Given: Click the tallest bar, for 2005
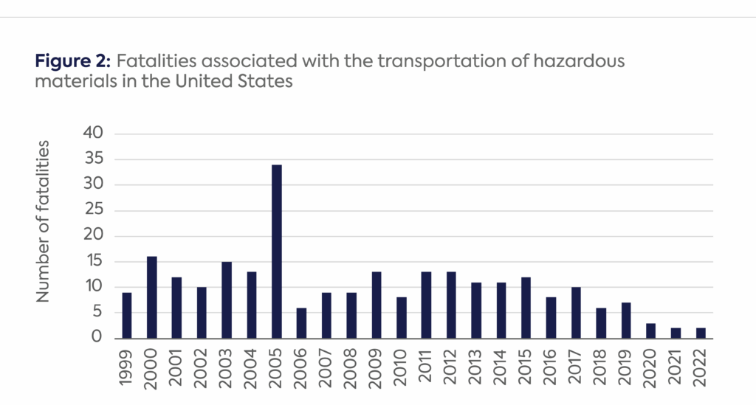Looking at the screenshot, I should coord(277,252).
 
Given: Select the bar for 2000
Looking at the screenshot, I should coord(152,297).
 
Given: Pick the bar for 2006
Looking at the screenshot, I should coord(302,323).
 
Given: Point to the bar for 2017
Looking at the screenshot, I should coord(576,313).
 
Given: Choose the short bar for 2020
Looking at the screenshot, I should coord(650,330).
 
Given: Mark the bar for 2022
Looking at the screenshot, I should coord(700,333).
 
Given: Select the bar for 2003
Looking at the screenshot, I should coord(227,300).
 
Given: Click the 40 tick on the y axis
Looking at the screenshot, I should coord(100,134).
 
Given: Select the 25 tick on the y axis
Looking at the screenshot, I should coord(100,210).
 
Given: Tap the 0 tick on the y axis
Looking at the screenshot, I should coord(104,338).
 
